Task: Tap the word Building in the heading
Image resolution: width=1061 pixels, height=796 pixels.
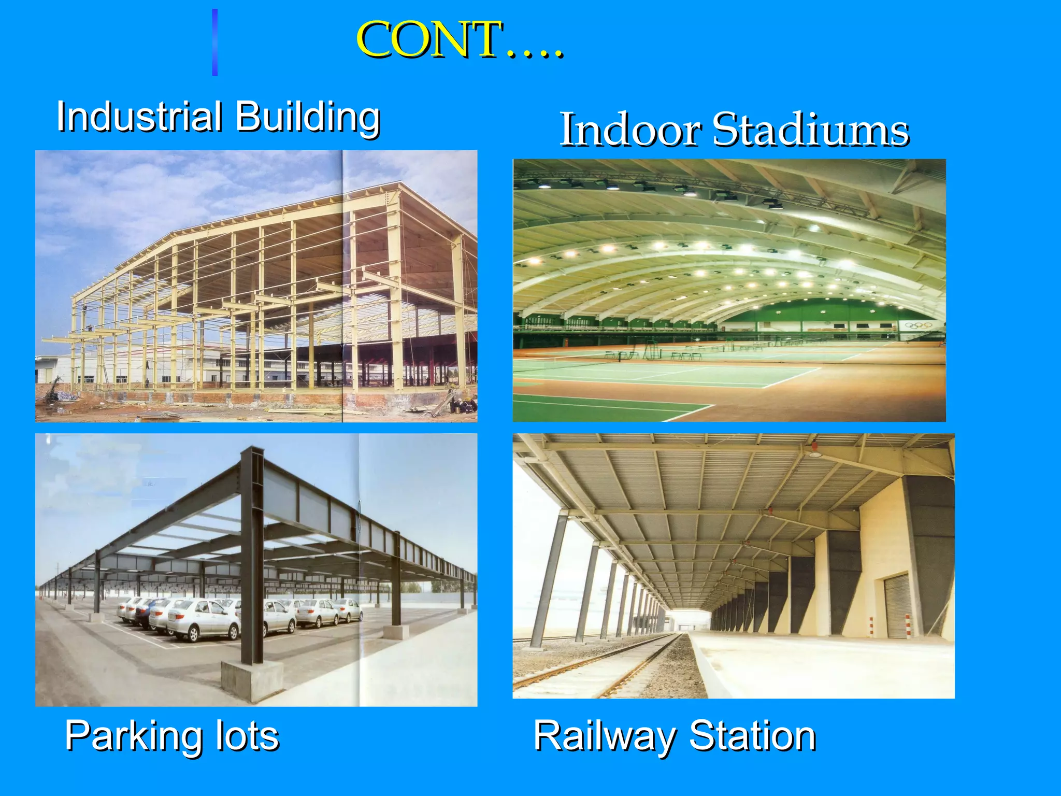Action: [308, 118]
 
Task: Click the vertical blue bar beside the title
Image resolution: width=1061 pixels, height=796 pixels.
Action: [214, 42]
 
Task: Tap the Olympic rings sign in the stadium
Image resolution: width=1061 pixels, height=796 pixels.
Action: [919, 325]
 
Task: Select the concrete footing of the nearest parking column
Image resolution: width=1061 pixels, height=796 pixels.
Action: [252, 681]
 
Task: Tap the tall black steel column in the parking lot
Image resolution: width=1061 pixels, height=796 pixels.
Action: [252, 555]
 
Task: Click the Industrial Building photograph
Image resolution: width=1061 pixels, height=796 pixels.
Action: [256, 286]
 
